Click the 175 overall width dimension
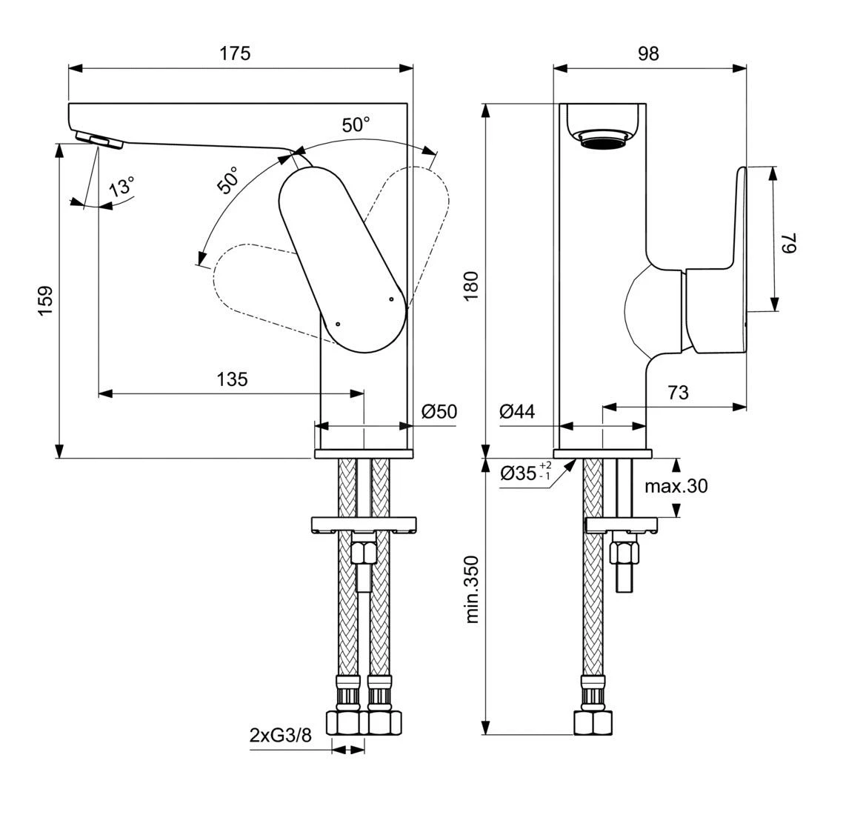235,53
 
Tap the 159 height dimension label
45,300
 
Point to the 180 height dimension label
472,285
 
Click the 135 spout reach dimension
232,379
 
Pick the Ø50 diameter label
439,412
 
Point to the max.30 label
676,486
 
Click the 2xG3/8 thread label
279,735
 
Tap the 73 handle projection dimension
678,392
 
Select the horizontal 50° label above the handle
356,124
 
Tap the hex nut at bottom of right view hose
595,722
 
